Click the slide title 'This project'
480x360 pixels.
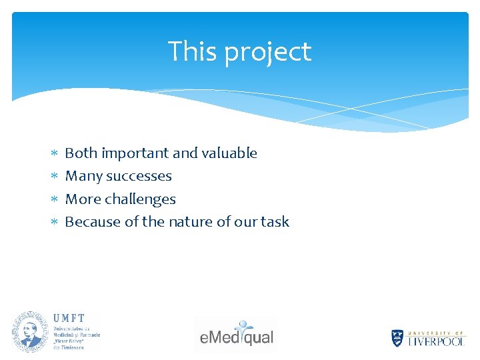[239, 51]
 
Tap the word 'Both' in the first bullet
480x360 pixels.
[81, 153]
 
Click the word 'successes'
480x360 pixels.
[139, 177]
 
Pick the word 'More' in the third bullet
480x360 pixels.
[83, 199]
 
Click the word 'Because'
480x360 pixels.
[93, 222]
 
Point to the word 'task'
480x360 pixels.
[275, 222]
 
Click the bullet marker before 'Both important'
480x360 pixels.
[55, 154]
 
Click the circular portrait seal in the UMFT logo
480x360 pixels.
[30, 331]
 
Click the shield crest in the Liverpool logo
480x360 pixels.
[397, 338]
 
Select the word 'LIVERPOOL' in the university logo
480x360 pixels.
[437, 341]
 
